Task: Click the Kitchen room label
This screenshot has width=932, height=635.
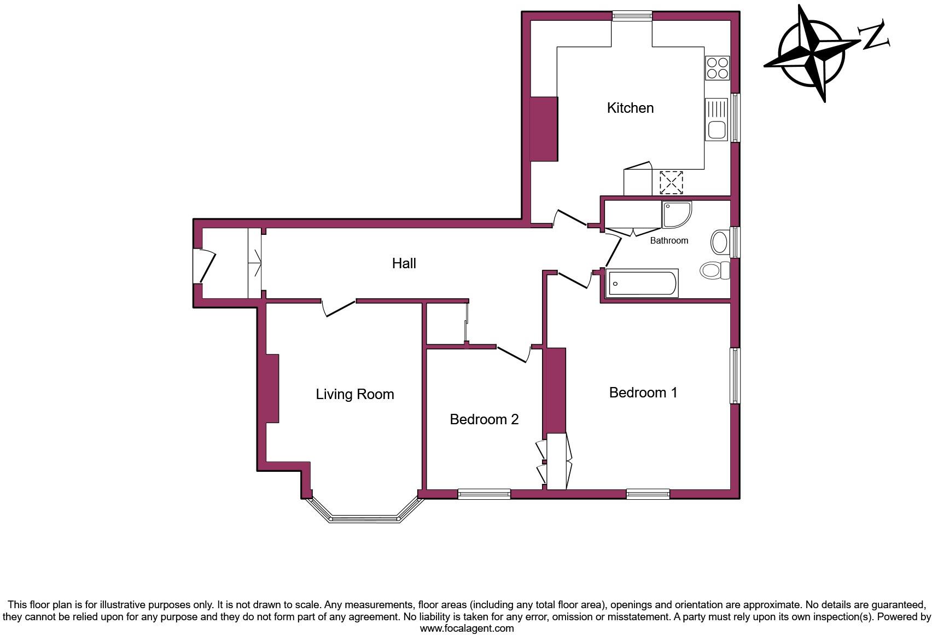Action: (x=630, y=108)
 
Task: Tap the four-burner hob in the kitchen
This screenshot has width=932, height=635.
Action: (x=717, y=68)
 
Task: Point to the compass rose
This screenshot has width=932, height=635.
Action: (x=812, y=54)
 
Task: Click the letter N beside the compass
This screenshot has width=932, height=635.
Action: (x=875, y=36)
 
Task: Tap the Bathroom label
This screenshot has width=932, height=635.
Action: (x=668, y=240)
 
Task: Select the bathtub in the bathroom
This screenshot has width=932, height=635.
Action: (x=643, y=283)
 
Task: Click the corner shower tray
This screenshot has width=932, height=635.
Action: (x=675, y=214)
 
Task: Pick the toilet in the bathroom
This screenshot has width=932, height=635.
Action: (x=714, y=270)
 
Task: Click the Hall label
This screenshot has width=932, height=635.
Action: (x=404, y=263)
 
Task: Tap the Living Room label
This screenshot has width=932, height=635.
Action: (x=354, y=394)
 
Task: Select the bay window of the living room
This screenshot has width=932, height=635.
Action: (x=364, y=517)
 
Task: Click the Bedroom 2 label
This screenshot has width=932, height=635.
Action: (x=484, y=419)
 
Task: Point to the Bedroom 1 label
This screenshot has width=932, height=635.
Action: (x=643, y=392)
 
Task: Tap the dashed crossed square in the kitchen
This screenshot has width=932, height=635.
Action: (x=671, y=182)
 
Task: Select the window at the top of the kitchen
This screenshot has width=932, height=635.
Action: (x=632, y=16)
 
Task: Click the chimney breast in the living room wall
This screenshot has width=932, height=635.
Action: (x=272, y=388)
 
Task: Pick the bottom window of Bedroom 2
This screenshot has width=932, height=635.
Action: (x=484, y=494)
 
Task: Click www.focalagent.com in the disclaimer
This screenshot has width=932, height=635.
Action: (x=467, y=628)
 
